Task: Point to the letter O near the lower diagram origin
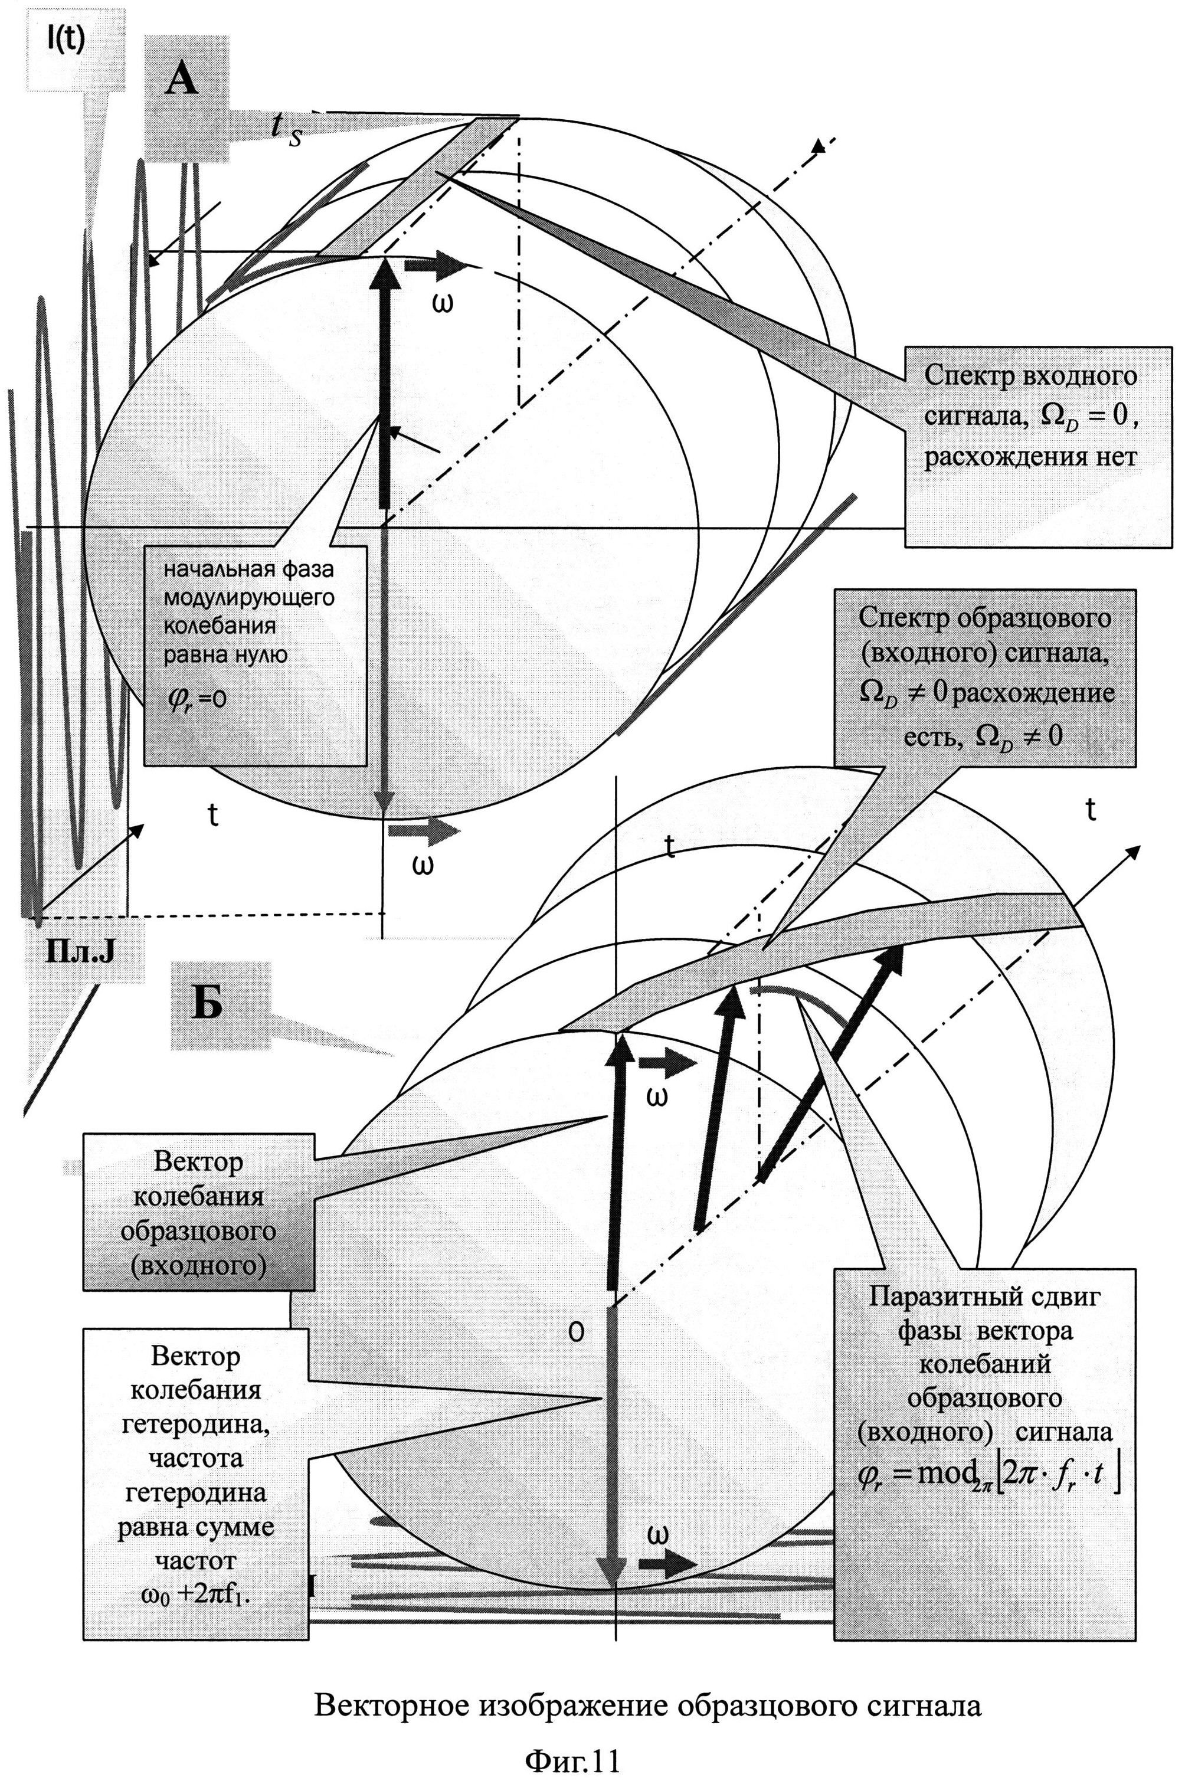point(576,1333)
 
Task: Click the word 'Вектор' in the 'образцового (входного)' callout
point(198,1161)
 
